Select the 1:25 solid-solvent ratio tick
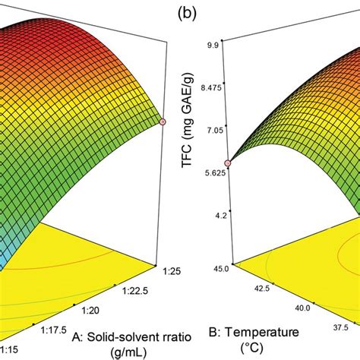click(x=172, y=267)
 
